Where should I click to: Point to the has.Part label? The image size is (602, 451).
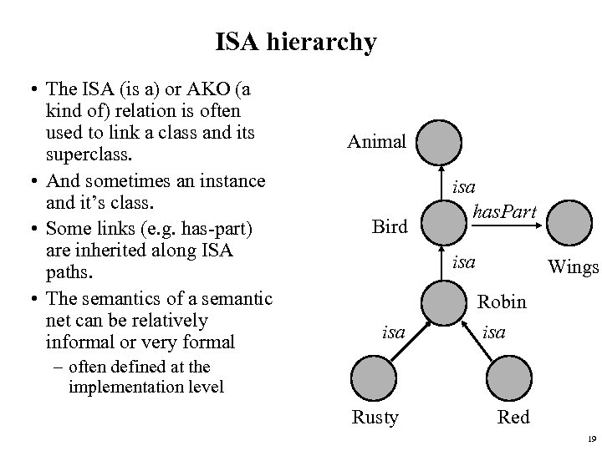tap(503, 214)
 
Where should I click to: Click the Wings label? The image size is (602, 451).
tap(573, 267)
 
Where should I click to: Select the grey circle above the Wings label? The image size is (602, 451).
tap(573, 224)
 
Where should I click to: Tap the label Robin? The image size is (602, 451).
tap(502, 302)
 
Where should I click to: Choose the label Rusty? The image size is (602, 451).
tap(375, 418)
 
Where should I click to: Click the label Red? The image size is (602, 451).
tap(513, 418)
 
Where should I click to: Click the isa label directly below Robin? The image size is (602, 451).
tap(494, 332)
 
